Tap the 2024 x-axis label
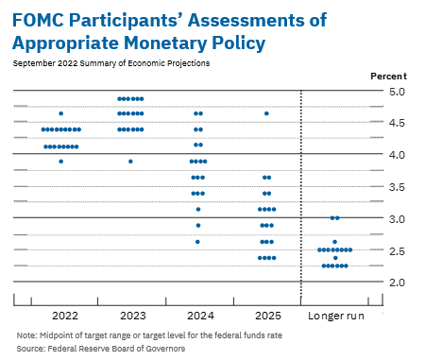tap(198, 314)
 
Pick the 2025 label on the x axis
tap(266, 314)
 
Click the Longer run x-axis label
tap(335, 314)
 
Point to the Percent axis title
tap(389, 75)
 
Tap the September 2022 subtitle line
tap(111, 63)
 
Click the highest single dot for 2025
tap(267, 113)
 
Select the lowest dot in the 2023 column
tap(130, 162)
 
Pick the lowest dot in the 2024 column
tap(198, 242)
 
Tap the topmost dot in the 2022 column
tap(61, 113)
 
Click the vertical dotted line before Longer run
tap(300, 189)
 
